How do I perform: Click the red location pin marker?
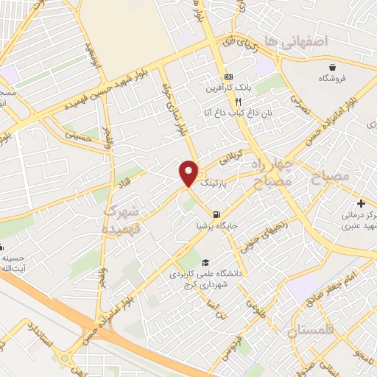click(188, 172)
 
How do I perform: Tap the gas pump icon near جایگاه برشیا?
click(216, 216)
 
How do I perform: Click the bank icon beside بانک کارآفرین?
click(228, 77)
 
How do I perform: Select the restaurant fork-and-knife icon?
click(218, 102)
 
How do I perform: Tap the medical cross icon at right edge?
click(361, 203)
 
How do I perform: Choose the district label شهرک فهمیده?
click(119, 220)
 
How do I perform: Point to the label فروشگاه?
click(333, 77)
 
